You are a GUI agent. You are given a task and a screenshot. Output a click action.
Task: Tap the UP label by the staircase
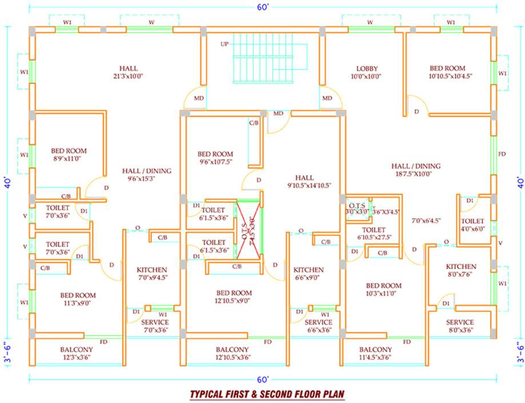coord(225,44)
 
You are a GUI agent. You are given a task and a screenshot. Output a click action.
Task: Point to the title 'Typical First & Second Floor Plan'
coord(267,394)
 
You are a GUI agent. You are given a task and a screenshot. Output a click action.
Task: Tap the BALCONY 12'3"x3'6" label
coord(77,353)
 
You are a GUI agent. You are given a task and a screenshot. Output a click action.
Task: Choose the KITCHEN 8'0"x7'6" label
coord(461,270)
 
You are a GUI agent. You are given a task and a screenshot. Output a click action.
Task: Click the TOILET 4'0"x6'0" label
coord(472,225)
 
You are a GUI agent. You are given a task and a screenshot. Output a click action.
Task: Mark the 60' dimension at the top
coord(262,7)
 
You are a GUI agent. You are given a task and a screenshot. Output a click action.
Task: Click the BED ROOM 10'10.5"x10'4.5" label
coord(447,72)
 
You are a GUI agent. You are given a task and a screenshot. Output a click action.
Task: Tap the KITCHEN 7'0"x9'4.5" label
coord(152,274)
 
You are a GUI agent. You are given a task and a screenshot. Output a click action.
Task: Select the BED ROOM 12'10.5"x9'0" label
coord(234,296)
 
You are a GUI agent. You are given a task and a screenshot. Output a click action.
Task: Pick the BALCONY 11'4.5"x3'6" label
coord(375,353)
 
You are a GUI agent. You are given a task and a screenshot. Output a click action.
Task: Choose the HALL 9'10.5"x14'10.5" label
coord(309,181)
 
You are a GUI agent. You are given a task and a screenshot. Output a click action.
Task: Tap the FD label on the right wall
coord(502,154)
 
